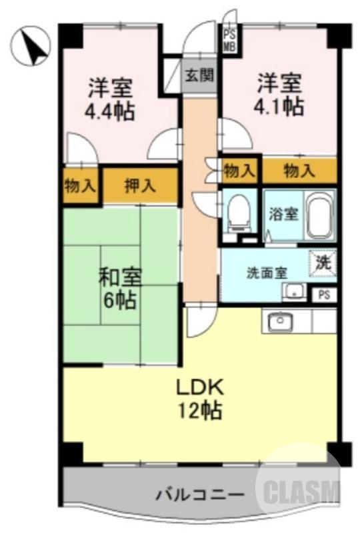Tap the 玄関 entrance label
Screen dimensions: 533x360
(199, 75)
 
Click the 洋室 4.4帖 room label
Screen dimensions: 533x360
(110, 99)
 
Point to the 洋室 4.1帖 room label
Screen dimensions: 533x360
(279, 95)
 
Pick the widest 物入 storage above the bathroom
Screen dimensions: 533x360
(299, 171)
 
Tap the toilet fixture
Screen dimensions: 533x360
(238, 213)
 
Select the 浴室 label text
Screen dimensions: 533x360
(283, 215)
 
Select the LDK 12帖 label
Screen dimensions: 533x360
(198, 398)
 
